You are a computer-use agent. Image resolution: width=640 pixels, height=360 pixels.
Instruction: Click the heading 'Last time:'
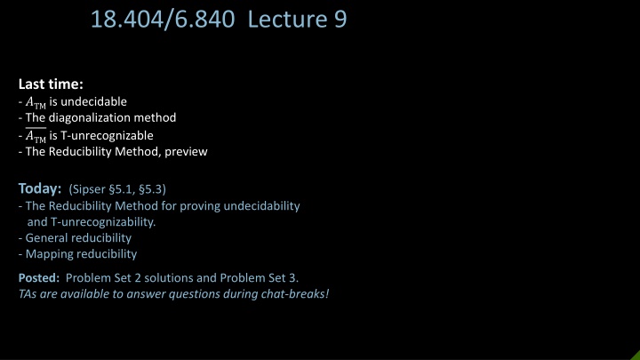point(51,84)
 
